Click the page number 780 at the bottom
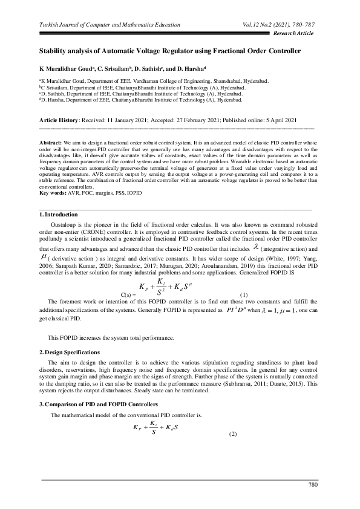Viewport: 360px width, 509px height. tap(313, 485)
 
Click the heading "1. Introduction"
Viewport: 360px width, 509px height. tap(58, 214)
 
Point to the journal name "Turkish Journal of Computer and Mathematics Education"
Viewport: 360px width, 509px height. tap(110, 25)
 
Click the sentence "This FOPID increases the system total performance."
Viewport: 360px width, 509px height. tap(111, 337)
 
